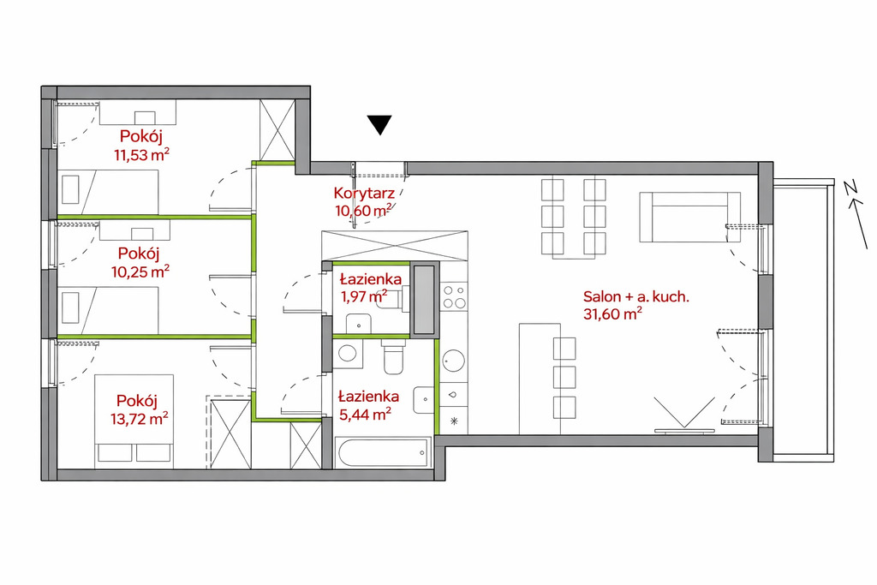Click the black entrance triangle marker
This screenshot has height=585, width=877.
point(379,124)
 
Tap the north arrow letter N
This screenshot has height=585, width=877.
point(852,189)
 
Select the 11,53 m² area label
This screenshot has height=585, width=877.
point(141,155)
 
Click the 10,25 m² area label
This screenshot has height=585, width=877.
point(141,272)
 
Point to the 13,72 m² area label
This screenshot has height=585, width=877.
point(140,418)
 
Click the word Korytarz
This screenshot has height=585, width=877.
point(364,194)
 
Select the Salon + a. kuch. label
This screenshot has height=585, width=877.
point(636,296)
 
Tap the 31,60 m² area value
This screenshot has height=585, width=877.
point(612,314)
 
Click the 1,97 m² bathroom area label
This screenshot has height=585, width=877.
point(364,296)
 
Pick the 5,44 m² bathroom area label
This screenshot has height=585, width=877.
point(365,414)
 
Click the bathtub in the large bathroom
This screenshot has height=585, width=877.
point(383,452)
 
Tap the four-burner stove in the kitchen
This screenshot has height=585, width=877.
point(454,297)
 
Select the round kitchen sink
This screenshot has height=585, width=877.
point(453,361)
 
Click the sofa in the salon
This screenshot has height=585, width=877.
point(689,217)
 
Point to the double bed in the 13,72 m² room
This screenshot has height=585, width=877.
point(134,421)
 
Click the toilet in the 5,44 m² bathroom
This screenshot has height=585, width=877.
point(393,356)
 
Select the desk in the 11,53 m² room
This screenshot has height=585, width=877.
point(138,112)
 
